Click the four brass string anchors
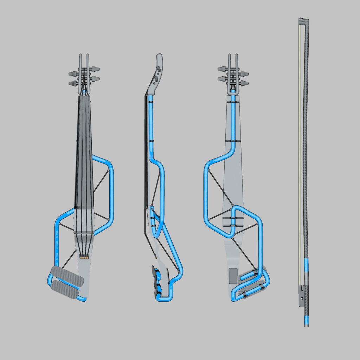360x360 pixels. (x=84, y=257)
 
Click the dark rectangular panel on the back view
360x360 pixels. (x=232, y=276)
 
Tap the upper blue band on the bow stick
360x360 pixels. (x=306, y=266)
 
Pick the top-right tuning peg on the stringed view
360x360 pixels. (x=95, y=69)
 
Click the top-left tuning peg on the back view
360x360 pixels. (x=223, y=69)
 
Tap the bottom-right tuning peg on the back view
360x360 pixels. (x=244, y=83)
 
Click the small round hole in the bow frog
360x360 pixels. (x=302, y=299)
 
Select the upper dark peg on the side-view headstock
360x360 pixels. (x=159, y=70)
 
